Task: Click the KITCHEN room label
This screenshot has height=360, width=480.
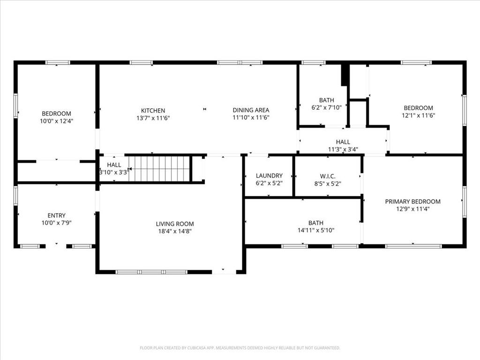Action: point(153,111)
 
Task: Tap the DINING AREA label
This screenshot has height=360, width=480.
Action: point(251,111)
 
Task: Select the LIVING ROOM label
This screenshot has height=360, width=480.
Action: point(175,224)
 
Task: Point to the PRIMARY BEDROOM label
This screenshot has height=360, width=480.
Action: point(412,202)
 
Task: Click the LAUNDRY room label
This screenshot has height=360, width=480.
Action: point(269,176)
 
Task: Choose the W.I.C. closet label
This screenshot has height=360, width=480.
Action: point(328,176)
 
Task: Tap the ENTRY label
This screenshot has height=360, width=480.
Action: point(56,216)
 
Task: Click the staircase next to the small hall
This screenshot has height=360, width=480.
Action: point(159,169)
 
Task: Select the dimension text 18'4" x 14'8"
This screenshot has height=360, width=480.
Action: point(175,231)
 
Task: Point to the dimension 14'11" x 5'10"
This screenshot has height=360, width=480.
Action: point(315,230)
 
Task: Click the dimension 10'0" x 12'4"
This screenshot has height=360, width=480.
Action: point(56,120)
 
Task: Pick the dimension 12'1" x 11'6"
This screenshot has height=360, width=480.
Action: point(418,115)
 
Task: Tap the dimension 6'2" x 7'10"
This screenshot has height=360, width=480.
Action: point(327,107)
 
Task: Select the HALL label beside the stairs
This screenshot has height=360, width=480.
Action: point(114,165)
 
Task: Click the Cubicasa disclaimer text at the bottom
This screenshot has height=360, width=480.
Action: point(240,348)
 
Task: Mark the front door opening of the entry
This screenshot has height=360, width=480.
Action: point(56,246)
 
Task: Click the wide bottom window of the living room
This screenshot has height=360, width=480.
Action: point(151,272)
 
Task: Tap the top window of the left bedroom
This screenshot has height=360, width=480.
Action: point(58,62)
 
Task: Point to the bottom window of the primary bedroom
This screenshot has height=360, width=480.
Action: point(413,246)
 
